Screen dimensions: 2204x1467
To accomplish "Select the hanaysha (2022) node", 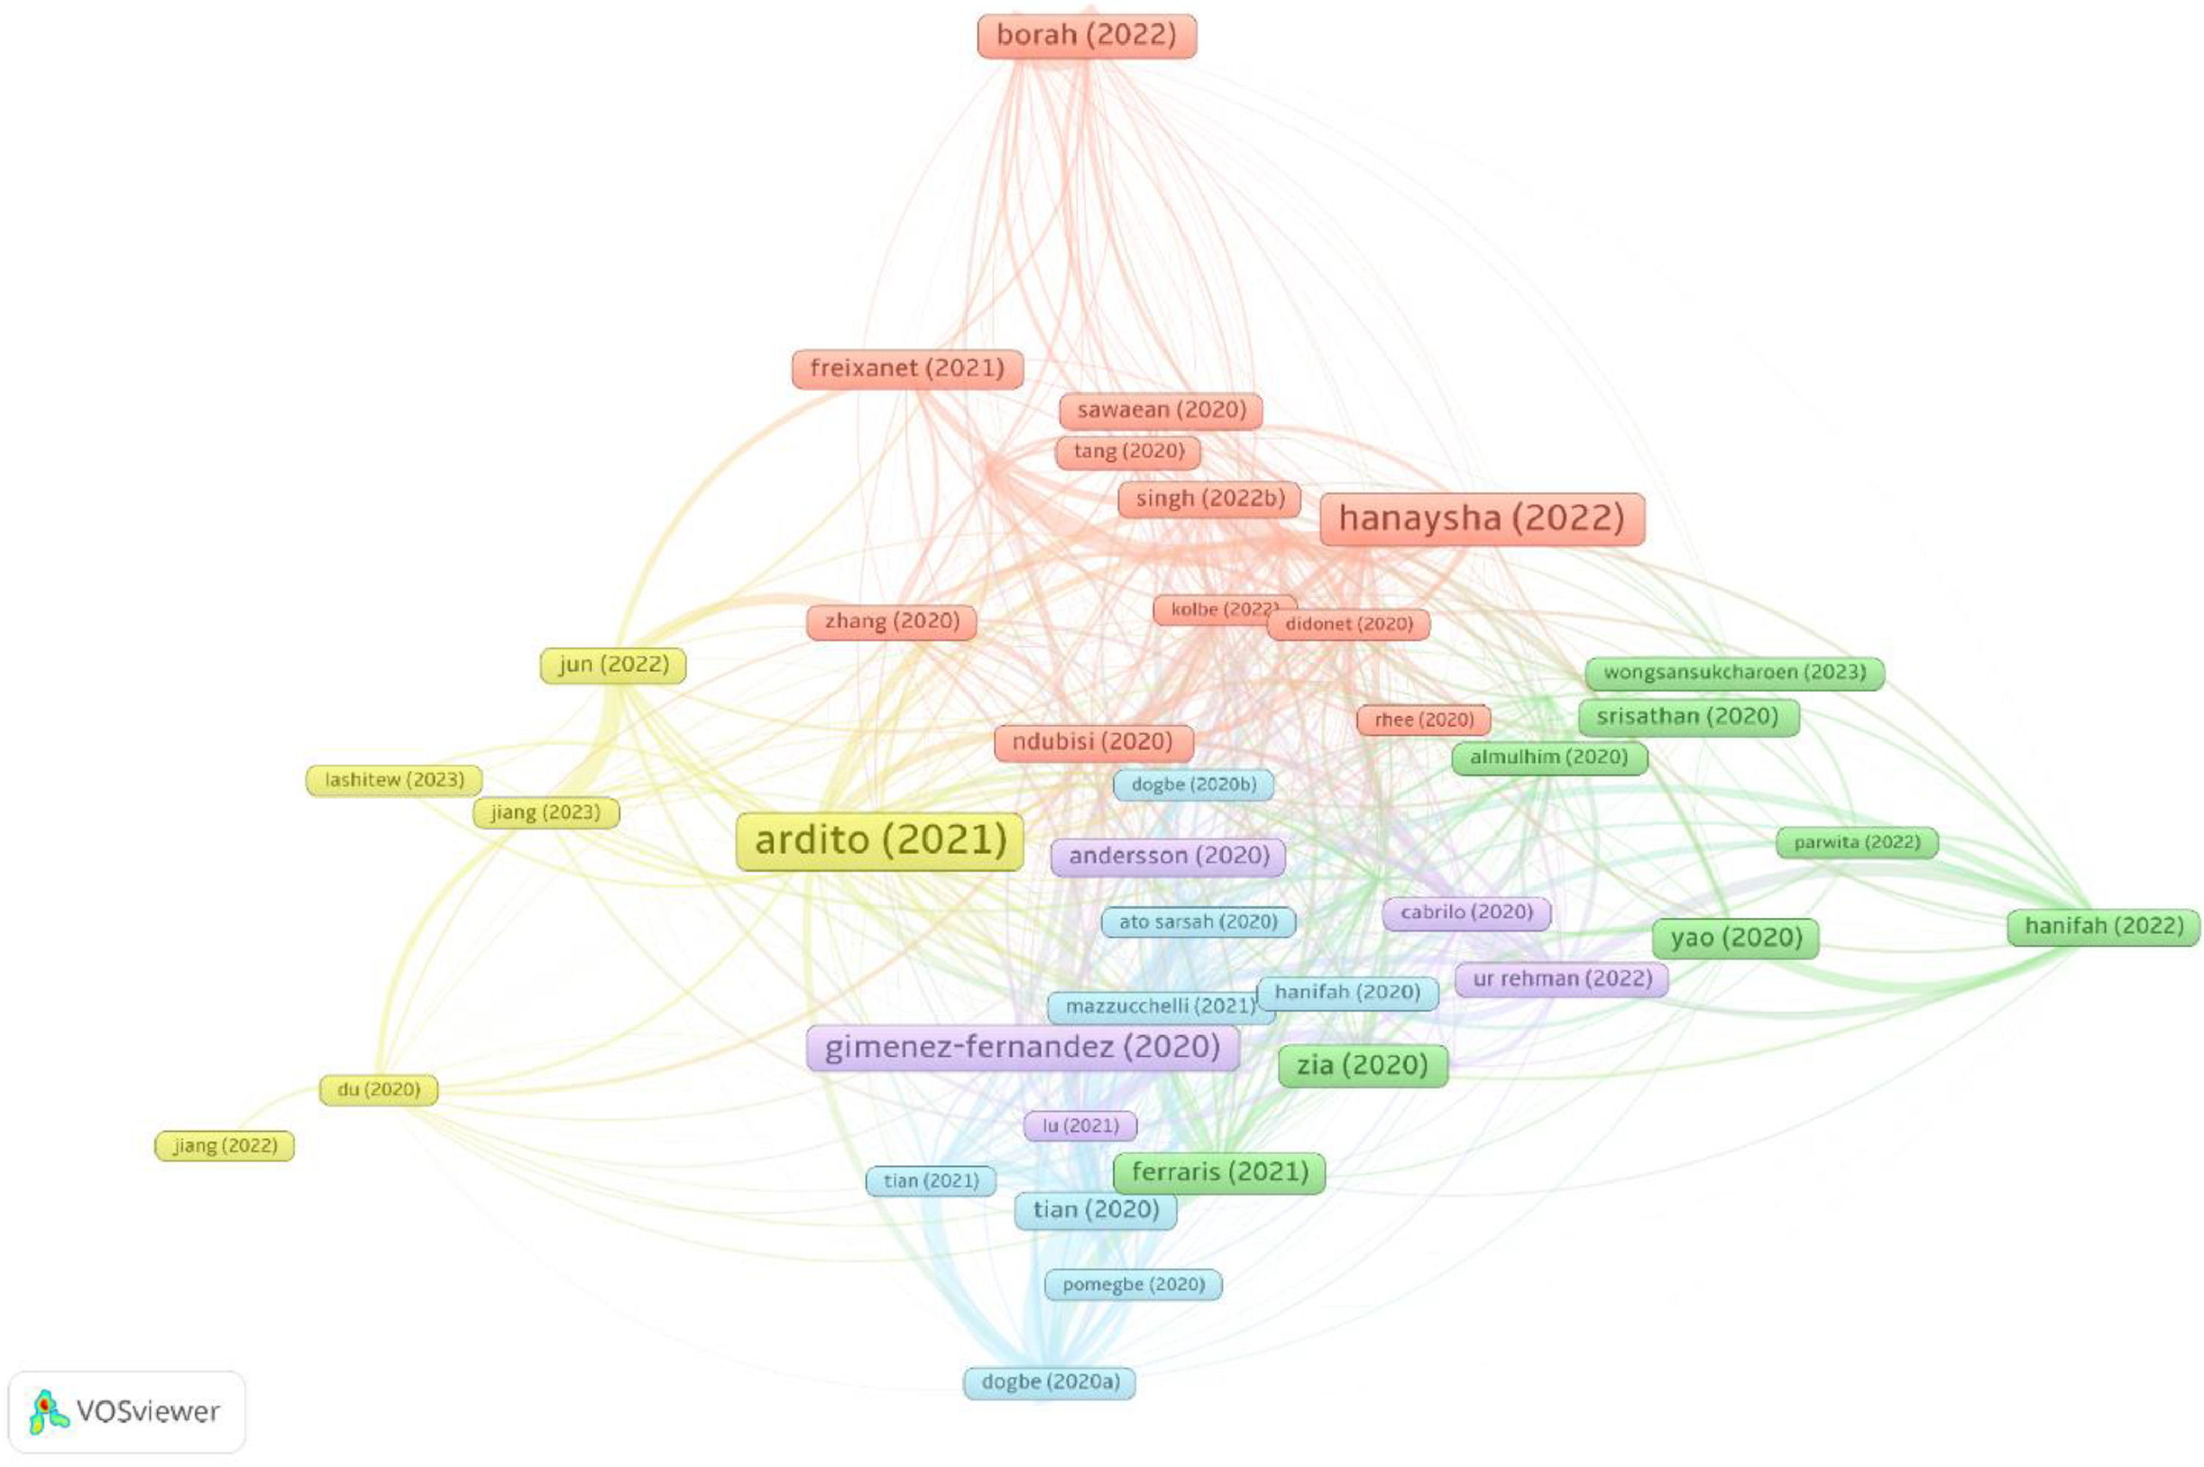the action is [1481, 519].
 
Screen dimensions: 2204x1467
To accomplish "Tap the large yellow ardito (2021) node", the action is [879, 841].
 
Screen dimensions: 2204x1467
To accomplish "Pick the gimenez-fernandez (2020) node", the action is [1023, 1047].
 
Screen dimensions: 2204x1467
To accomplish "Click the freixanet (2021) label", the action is [907, 369].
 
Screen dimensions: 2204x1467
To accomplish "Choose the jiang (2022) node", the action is [225, 1146].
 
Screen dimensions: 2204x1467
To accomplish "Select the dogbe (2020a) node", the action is [1050, 1382].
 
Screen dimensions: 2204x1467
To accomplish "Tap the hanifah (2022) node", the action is [2103, 927].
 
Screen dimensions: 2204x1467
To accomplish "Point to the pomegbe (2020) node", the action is [1133, 1285].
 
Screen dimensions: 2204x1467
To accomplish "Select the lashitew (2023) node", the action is [394, 780].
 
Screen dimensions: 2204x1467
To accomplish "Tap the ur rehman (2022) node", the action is [1561, 979].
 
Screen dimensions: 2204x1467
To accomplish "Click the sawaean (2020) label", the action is [1161, 411].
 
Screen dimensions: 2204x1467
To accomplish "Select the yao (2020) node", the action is [1735, 938].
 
